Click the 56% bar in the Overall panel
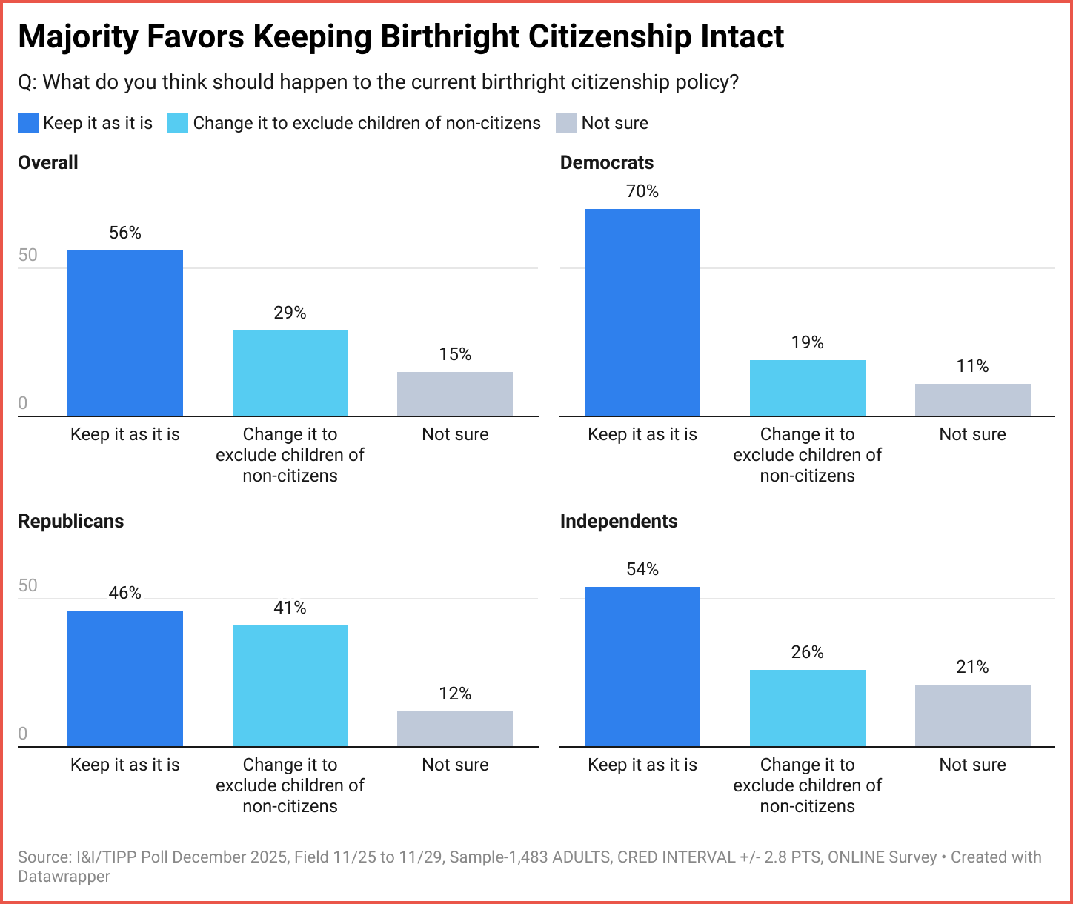[125, 333]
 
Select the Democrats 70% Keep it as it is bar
[642, 313]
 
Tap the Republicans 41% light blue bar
[290, 685]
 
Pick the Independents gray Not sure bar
[972, 715]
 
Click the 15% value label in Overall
[455, 354]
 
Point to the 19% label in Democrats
[807, 342]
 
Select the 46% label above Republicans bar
[125, 593]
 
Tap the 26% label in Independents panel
[807, 652]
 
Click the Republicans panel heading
[71, 521]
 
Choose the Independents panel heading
[619, 521]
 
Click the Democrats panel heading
[607, 162]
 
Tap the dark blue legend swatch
[28, 123]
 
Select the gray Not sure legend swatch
[566, 123]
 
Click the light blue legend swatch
[178, 123]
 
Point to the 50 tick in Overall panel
[27, 256]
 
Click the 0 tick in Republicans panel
[22, 734]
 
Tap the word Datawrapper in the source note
[64, 877]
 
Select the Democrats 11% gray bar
[972, 399]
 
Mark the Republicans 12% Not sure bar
[455, 728]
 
